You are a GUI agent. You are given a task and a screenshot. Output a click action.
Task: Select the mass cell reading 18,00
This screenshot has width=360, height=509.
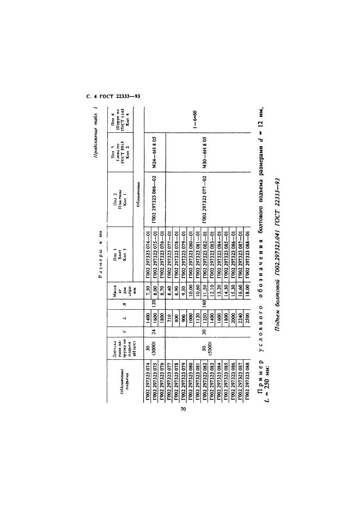click(230, 294)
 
